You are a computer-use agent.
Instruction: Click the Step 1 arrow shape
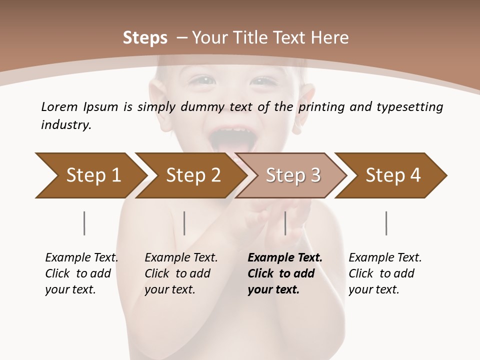tap(90, 175)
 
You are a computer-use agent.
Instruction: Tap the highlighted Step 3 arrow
tap(292, 175)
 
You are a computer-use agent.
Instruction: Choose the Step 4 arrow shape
tap(392, 175)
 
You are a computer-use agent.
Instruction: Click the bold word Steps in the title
tap(145, 37)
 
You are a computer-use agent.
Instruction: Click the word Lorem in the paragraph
tap(59, 106)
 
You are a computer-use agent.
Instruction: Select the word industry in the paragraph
tap(66, 124)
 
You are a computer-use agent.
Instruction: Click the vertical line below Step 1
tap(84, 223)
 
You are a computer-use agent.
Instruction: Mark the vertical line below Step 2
tap(184, 223)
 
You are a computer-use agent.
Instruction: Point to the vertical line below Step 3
tap(285, 223)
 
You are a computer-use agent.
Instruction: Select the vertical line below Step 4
tap(386, 223)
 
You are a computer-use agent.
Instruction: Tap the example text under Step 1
tap(81, 273)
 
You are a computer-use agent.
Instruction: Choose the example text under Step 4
tap(385, 273)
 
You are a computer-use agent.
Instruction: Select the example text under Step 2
tap(181, 273)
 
